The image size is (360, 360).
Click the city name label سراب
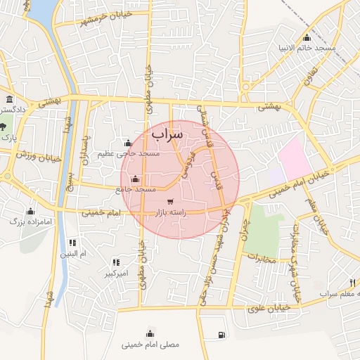(x=167, y=133)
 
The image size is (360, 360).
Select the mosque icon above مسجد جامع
(x=135, y=179)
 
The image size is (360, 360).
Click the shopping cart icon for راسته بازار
(x=170, y=202)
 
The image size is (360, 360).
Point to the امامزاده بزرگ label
(x=32, y=221)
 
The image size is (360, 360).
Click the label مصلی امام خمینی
(x=150, y=345)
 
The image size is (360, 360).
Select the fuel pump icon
(x=222, y=335)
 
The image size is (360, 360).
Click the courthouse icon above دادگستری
(x=9, y=99)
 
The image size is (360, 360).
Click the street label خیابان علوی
(x=271, y=308)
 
